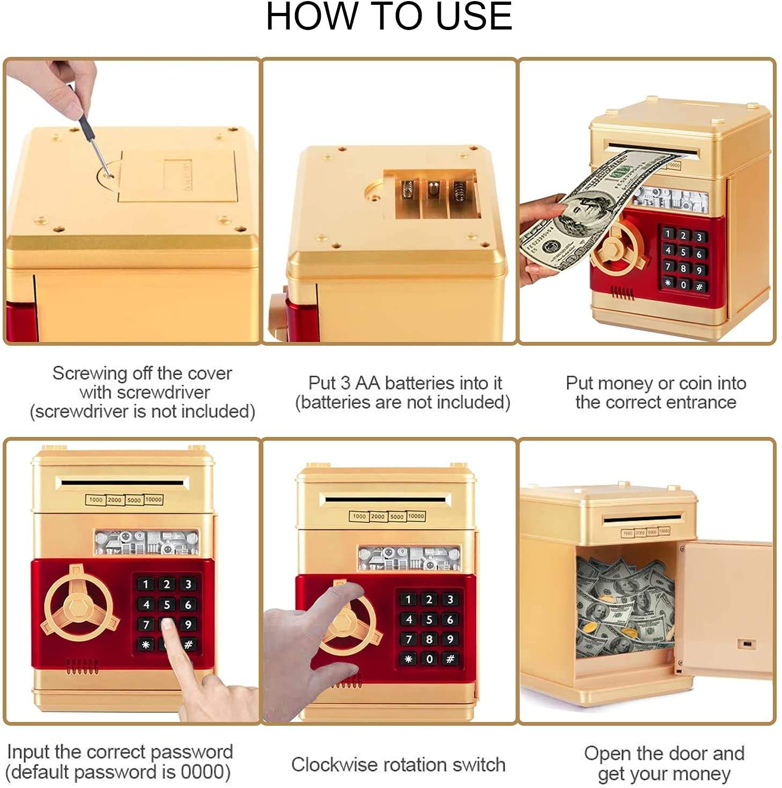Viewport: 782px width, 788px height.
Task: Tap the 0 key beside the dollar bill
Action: [x=683, y=284]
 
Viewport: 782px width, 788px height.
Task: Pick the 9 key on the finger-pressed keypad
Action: [x=188, y=624]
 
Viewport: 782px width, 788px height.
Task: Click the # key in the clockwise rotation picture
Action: [x=450, y=659]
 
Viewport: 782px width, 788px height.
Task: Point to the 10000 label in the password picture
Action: [x=154, y=499]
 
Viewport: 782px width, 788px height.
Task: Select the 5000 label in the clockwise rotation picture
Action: [x=396, y=516]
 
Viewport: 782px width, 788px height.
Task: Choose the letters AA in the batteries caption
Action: [x=367, y=383]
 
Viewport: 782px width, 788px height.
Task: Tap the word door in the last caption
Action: [x=683, y=753]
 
